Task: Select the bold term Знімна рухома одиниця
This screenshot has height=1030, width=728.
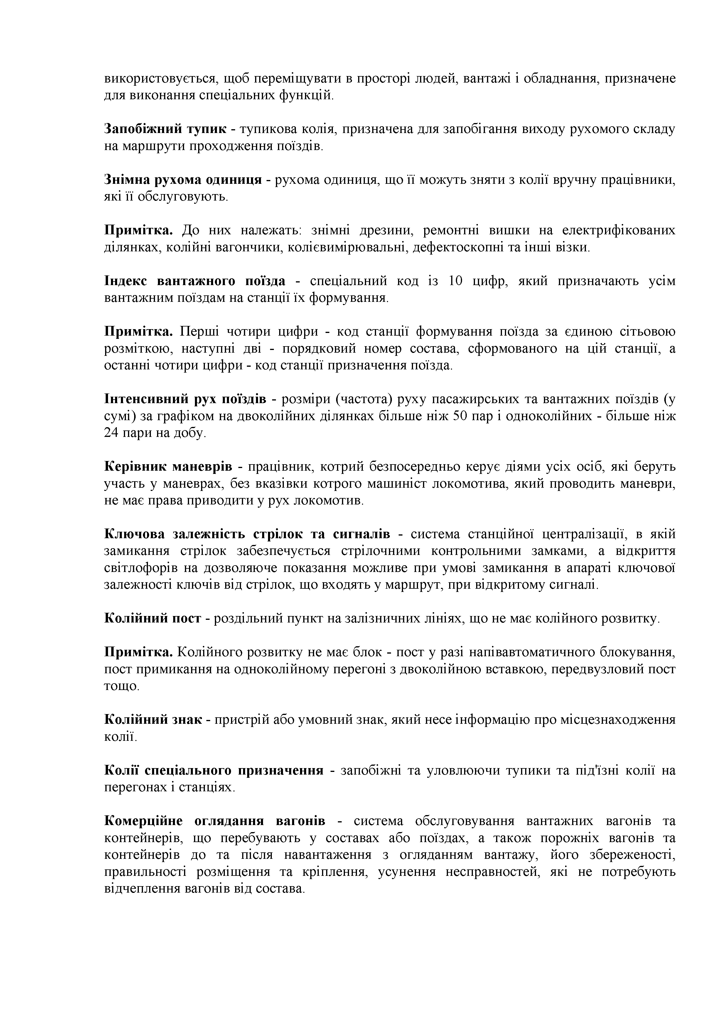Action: pos(183,180)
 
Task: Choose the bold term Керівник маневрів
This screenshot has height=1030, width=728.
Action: pos(168,467)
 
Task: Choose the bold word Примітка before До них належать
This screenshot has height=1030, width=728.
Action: pos(139,230)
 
